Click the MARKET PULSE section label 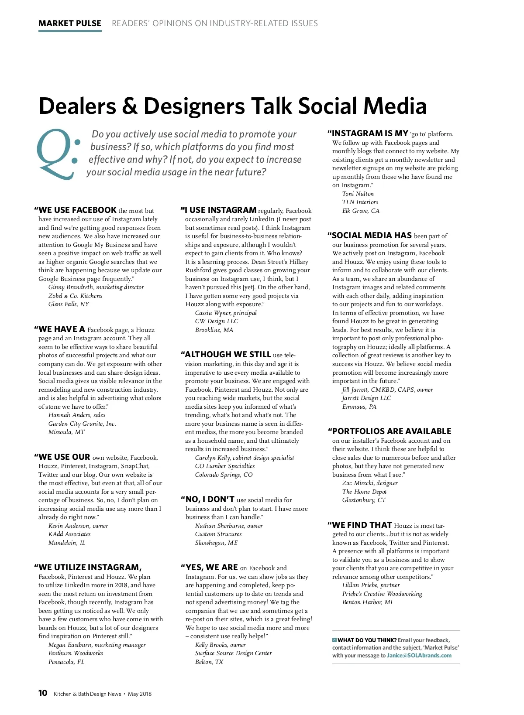click(70, 24)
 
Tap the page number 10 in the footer click(43, 693)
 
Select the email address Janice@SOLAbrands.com click(419, 655)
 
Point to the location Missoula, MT click(66, 432)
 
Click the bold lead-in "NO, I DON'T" click(210, 499)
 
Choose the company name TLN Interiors click(360, 202)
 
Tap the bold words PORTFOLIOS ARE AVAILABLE click(392, 431)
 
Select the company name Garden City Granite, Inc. click(82, 424)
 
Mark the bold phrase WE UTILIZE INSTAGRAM click(90, 568)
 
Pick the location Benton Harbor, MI click(367, 602)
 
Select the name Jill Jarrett click(355, 390)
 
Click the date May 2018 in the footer click(140, 694)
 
